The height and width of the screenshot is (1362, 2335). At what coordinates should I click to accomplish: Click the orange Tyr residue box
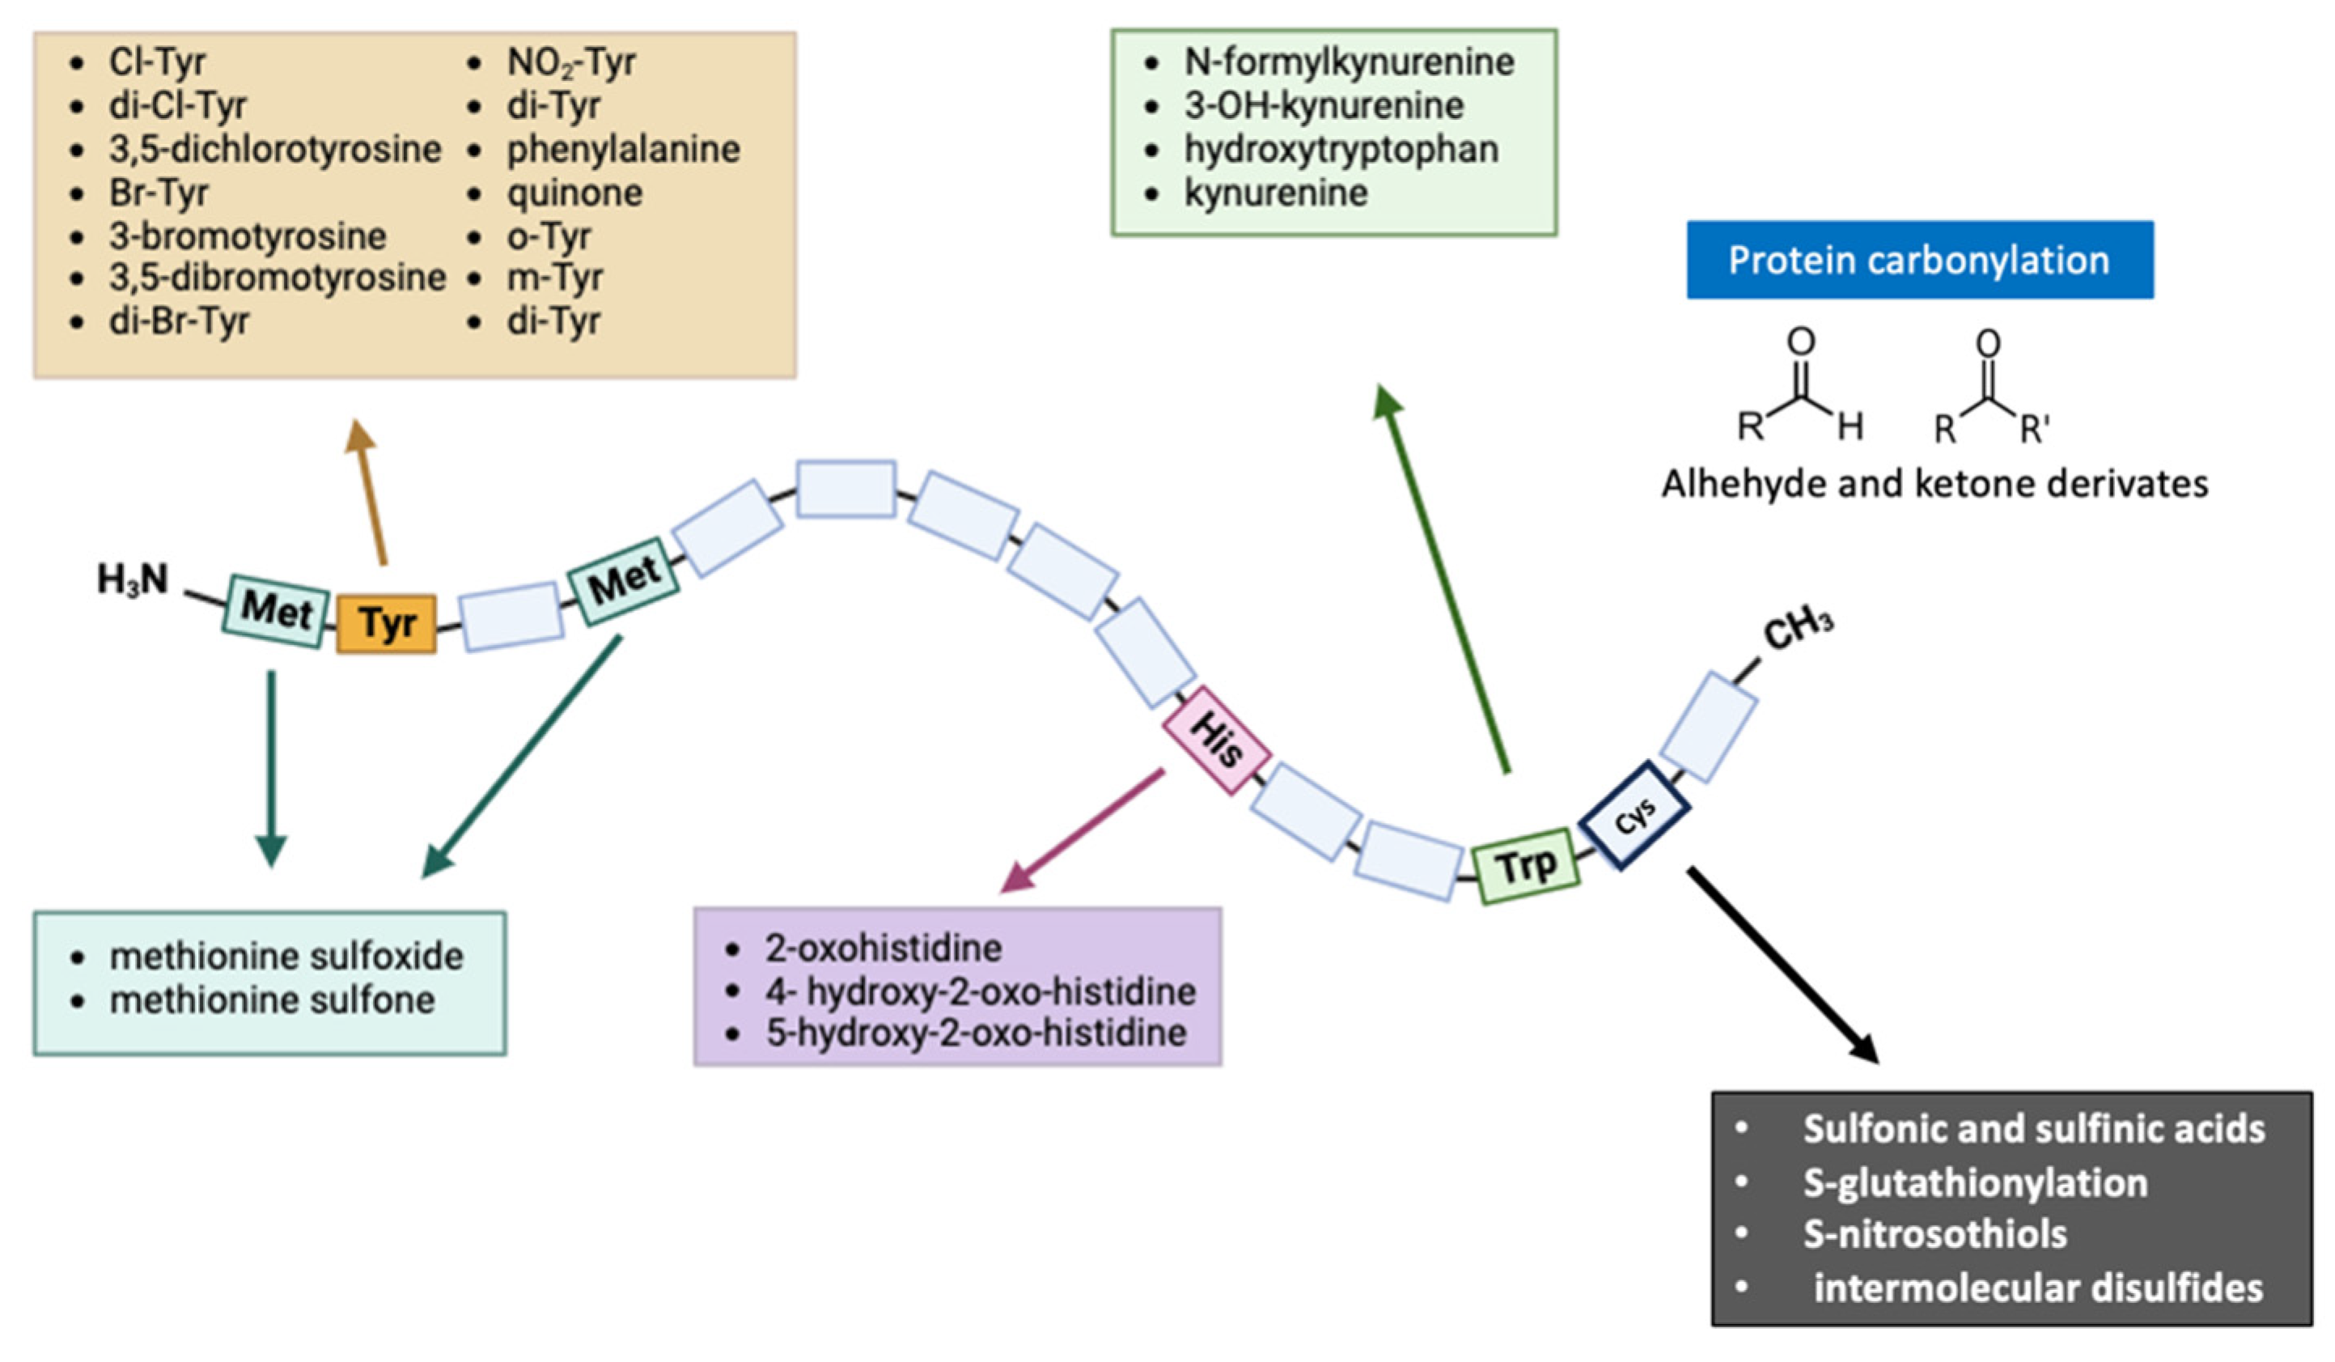(x=385, y=624)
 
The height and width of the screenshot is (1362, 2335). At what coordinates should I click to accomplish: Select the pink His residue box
(x=1216, y=740)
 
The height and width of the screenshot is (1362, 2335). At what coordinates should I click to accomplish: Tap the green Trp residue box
(x=1526, y=866)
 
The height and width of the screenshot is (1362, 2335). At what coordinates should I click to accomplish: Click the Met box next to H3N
(x=275, y=610)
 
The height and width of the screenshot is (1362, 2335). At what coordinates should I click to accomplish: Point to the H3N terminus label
(x=133, y=581)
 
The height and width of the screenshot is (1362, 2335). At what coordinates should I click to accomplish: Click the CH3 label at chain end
(x=1798, y=630)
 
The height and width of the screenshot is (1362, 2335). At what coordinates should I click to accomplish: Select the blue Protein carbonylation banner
(x=1919, y=261)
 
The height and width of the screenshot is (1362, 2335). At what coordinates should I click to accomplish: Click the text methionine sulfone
(x=272, y=999)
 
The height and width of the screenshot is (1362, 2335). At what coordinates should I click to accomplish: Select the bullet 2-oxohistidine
(x=883, y=948)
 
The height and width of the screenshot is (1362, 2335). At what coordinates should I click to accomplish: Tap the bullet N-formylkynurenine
(x=1348, y=62)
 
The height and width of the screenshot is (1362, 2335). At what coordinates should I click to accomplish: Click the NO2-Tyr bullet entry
(x=570, y=62)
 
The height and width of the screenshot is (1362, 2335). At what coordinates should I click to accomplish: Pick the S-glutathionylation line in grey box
(x=1975, y=1183)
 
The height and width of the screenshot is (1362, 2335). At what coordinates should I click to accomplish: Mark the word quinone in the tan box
(x=574, y=193)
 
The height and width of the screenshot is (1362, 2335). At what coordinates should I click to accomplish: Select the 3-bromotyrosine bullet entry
(x=248, y=236)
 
